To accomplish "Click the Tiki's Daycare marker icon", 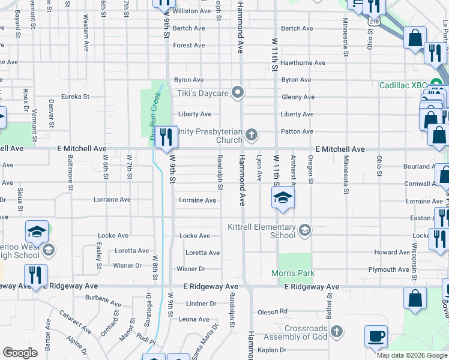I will point(238,93).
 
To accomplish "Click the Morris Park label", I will point(297,273).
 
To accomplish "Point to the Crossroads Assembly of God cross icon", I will point(337,332).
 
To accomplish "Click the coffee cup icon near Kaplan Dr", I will point(376,337).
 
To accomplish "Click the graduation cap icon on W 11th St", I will point(282,198).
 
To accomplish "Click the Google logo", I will point(20,352).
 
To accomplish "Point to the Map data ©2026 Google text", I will point(412,355).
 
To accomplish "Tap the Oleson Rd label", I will point(273,311).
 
